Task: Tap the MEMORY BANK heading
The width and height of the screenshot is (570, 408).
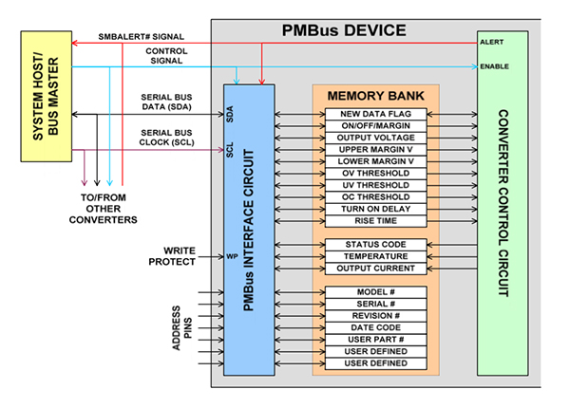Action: click(x=375, y=97)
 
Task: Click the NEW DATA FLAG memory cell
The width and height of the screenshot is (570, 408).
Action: click(x=375, y=114)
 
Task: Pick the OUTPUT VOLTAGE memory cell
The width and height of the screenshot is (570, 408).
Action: click(x=375, y=138)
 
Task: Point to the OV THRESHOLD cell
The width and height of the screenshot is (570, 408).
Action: click(x=375, y=173)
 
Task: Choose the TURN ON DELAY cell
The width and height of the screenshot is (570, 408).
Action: click(x=375, y=208)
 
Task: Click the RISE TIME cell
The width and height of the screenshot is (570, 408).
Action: click(x=375, y=220)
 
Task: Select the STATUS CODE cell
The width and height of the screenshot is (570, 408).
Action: click(x=375, y=245)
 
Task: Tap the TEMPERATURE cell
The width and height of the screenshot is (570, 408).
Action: click(x=375, y=256)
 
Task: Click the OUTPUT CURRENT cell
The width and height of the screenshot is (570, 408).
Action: click(x=375, y=269)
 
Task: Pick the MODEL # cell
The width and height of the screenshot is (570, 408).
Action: click(x=375, y=291)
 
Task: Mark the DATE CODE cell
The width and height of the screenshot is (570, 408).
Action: click(x=375, y=326)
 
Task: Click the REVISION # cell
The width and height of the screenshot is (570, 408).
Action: click(x=375, y=315)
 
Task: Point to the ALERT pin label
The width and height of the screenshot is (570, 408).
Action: click(x=492, y=43)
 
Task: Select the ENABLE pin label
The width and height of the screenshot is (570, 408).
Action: click(x=495, y=66)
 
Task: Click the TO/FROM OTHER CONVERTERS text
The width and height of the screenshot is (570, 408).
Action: click(x=95, y=208)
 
